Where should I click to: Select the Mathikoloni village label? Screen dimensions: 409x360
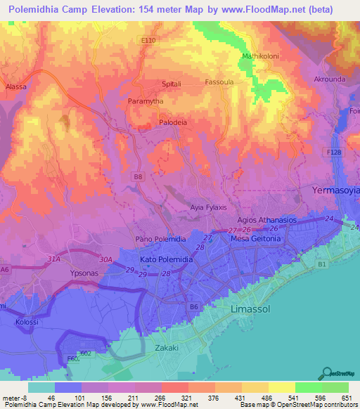coord(261,56)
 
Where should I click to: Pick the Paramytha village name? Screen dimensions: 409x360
coord(146,102)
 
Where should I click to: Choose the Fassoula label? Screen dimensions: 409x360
coord(219,82)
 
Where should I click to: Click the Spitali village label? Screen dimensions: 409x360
coord(172,84)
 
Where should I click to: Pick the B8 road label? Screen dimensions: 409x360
coord(138,178)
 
